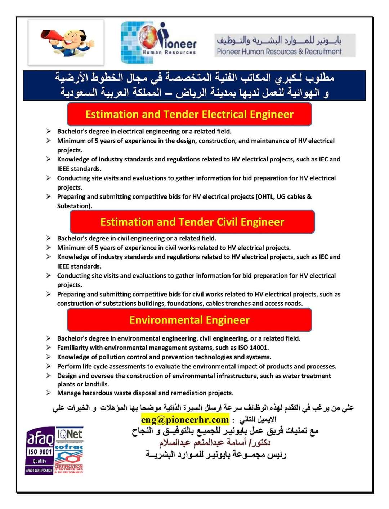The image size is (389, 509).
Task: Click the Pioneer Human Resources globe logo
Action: tap(159, 42)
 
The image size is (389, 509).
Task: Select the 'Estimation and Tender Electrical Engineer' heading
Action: tap(189, 114)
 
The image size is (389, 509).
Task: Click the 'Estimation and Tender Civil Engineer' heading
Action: tap(192, 222)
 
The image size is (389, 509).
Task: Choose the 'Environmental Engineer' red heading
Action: tap(189, 320)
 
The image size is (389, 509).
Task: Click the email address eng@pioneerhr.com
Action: tap(185, 420)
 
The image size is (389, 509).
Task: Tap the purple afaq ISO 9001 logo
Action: tap(40, 451)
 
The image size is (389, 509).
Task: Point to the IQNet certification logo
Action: tap(70, 435)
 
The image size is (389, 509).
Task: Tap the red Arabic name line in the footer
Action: tap(215, 442)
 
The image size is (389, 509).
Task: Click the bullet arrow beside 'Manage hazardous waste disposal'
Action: tap(48, 393)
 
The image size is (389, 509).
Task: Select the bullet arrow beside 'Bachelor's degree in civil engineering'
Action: tap(48, 238)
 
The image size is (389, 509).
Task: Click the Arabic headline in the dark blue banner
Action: tap(194, 85)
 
